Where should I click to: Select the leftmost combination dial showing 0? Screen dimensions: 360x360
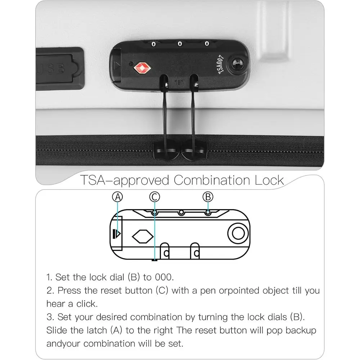(x=154, y=44)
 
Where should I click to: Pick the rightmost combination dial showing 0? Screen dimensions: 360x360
(x=207, y=44)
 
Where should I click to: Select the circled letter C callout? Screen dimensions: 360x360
(x=154, y=197)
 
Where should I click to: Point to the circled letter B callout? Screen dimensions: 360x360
(x=208, y=197)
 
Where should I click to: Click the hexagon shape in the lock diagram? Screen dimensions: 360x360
(x=143, y=237)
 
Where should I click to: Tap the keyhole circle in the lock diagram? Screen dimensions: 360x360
(x=238, y=234)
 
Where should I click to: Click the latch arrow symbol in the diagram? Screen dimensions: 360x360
(x=117, y=234)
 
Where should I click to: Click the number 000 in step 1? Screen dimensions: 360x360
(x=164, y=277)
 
